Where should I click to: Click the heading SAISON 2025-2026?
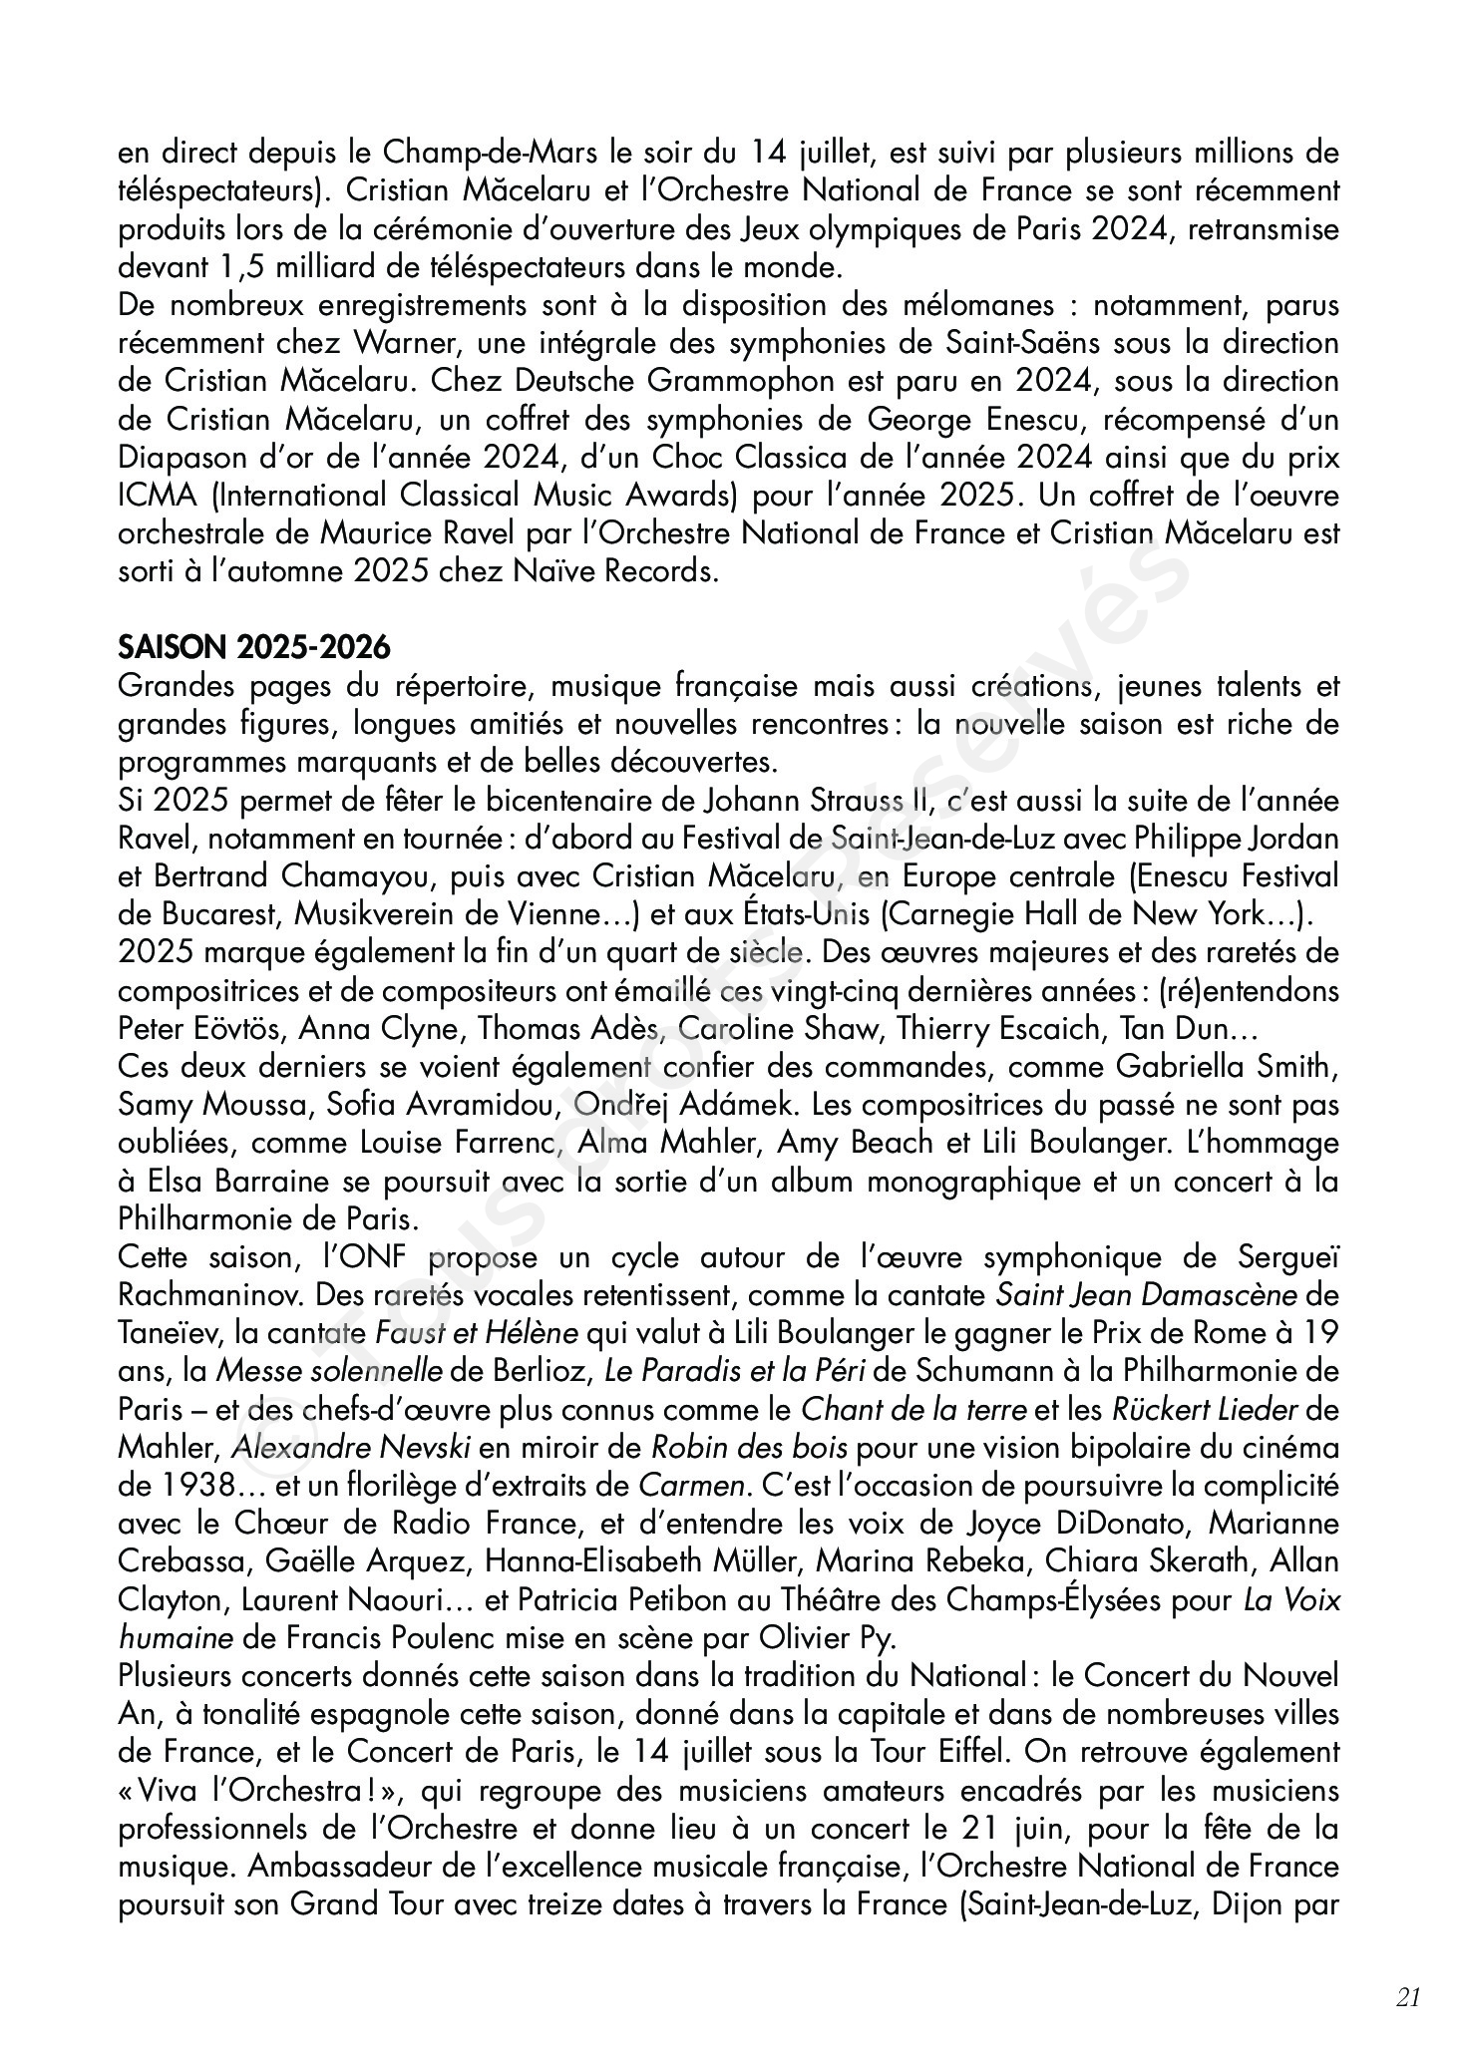[x=253, y=648]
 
